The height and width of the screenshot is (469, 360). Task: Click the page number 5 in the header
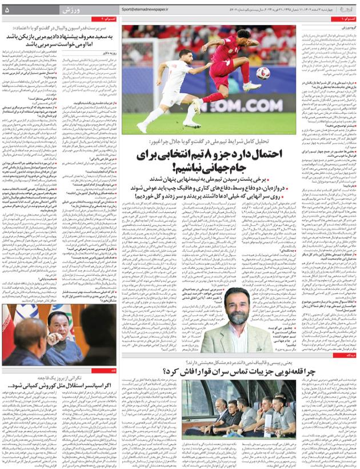7,10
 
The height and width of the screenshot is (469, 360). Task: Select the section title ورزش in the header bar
69,10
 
